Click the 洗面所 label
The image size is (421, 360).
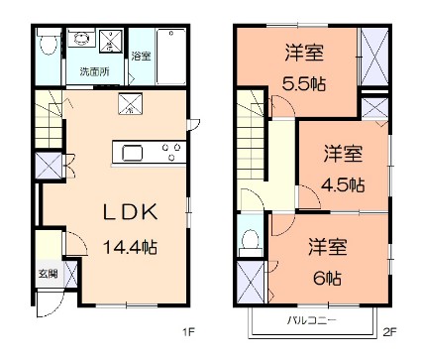coord(95,71)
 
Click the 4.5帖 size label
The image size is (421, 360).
coord(343,184)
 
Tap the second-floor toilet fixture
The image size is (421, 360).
coord(250,239)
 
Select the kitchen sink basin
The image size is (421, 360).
coord(133,153)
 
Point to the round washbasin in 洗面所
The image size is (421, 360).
coord(80,43)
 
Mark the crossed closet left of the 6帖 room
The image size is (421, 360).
coord(251,281)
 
